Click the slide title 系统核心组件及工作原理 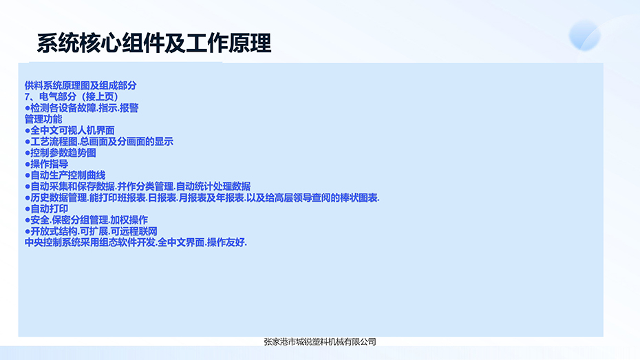pos(154,43)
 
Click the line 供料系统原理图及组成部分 pos(81,86)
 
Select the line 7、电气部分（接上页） pos(72,97)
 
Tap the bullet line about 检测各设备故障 pos(82,108)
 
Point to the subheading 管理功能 pos(43,119)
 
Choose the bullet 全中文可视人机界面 pos(70,131)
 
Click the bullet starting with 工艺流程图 pos(99,142)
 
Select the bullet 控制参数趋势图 pos(61,153)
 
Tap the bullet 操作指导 pos(47,164)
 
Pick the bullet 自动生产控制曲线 pos(65,176)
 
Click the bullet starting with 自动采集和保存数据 pos(138,187)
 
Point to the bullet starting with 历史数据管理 pos(202,198)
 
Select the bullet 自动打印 pos(47,209)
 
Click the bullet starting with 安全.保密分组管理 pos(86,220)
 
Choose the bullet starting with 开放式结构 pos(91,231)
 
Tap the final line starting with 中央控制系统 pos(136,242)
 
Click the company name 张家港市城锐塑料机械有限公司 pos(320,342)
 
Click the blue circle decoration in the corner pos(584,36)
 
